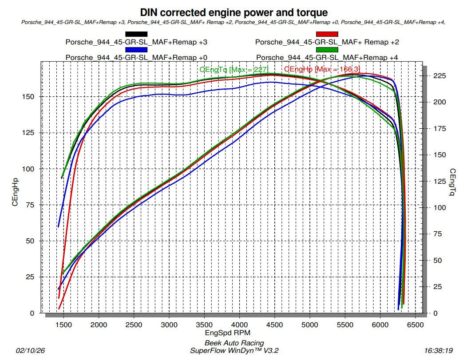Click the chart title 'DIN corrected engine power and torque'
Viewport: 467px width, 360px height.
(233, 12)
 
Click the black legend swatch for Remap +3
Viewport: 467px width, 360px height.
(136, 34)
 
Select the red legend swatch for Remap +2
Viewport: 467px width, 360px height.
(327, 34)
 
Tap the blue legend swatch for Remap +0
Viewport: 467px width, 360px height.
(136, 50)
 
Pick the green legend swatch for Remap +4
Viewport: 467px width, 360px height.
(327, 50)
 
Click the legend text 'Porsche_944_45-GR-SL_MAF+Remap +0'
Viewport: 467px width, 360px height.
(136, 57)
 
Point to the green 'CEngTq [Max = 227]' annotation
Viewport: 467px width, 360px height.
(234, 69)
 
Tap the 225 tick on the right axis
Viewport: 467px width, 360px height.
(438, 76)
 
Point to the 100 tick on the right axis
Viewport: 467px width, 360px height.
(438, 207)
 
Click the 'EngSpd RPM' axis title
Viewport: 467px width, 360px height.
(234, 332)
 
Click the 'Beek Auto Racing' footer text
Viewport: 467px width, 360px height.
(234, 343)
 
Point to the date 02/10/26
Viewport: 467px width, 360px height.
(30, 350)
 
